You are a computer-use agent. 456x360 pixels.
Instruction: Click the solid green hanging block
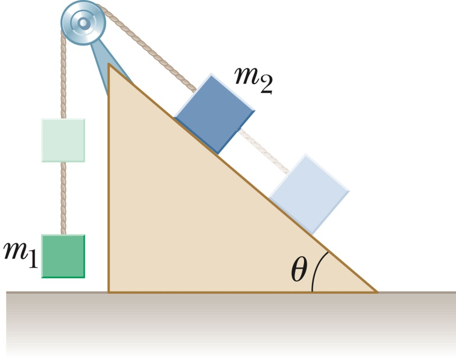point(63,256)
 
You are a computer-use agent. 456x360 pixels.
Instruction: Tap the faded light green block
point(63,140)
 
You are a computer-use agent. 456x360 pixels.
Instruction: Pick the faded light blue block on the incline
point(310,193)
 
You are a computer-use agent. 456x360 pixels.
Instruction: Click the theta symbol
point(299,271)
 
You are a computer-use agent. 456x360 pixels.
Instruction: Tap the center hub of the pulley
point(83,24)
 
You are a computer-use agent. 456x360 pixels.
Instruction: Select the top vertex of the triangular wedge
point(109,65)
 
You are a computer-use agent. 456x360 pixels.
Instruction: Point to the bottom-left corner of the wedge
point(109,292)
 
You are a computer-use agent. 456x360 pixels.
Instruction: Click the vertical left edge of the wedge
point(109,179)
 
